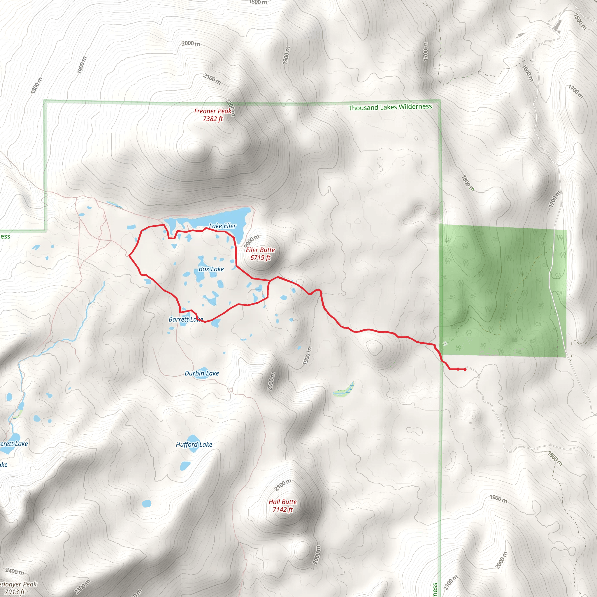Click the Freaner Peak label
[x=213, y=111]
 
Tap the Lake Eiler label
[x=222, y=226]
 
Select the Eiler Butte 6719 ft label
[x=260, y=254]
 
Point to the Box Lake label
[x=211, y=269]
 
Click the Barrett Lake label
[x=185, y=319]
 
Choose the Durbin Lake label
[x=201, y=373]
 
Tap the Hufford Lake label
[x=194, y=444]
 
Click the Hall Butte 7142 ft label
[x=282, y=505]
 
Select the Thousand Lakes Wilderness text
[x=390, y=107]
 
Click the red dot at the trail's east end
[x=465, y=369]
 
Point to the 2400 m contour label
[x=15, y=571]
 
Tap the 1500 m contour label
[x=580, y=21]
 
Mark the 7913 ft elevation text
[x=15, y=592]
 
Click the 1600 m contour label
[x=527, y=73]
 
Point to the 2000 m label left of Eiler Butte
[x=252, y=240]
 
